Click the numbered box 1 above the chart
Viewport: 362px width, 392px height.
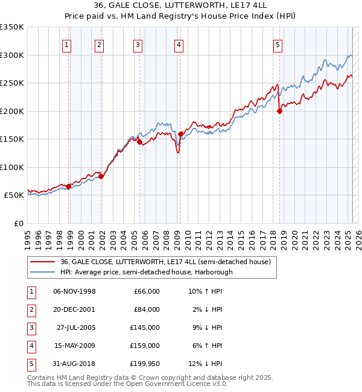66,44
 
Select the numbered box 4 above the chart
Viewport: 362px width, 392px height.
179,44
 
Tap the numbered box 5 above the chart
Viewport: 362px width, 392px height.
278,44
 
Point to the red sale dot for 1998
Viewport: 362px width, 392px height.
69,186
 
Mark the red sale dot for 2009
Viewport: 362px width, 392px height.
180,134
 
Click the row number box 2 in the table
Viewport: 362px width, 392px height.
31,309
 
